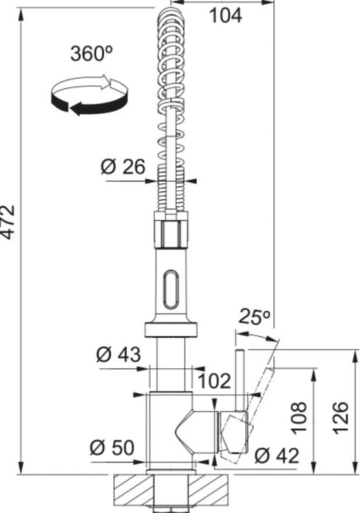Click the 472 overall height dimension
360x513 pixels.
pos(8,223)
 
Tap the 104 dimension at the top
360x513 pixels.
pos(226,16)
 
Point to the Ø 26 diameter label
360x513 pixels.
pos(122,167)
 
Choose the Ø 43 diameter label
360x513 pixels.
pos(118,355)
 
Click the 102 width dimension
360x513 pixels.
pos(215,380)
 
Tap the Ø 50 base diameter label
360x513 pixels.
pos(112,448)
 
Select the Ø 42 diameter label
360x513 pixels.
pos(276,455)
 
